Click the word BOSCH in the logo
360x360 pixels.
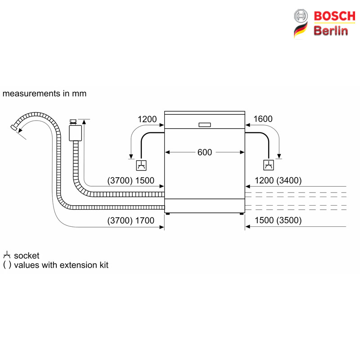pos(334,16)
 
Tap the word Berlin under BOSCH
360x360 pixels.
pos(331,31)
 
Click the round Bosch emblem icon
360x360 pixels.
pos(301,16)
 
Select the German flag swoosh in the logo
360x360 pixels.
pos(301,30)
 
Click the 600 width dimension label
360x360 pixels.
pos(205,152)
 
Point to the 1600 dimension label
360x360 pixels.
pos(263,119)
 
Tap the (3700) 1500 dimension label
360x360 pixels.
pos(130,180)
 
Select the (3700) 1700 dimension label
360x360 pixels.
pos(130,220)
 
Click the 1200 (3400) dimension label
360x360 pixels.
pos(278,180)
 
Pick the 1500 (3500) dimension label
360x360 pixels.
pos(278,220)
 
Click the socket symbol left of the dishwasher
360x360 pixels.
pos(141,165)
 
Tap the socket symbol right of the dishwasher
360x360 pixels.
pos(268,165)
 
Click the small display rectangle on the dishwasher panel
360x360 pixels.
pos(205,125)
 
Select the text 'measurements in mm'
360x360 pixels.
pos(45,94)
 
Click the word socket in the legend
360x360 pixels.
pos(27,256)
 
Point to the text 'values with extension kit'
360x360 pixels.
pos(61,265)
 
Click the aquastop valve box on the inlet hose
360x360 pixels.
pos(75,133)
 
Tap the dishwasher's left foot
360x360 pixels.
pos(167,214)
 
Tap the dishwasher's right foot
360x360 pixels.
pos(242,214)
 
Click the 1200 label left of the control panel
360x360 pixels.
pos(147,119)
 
